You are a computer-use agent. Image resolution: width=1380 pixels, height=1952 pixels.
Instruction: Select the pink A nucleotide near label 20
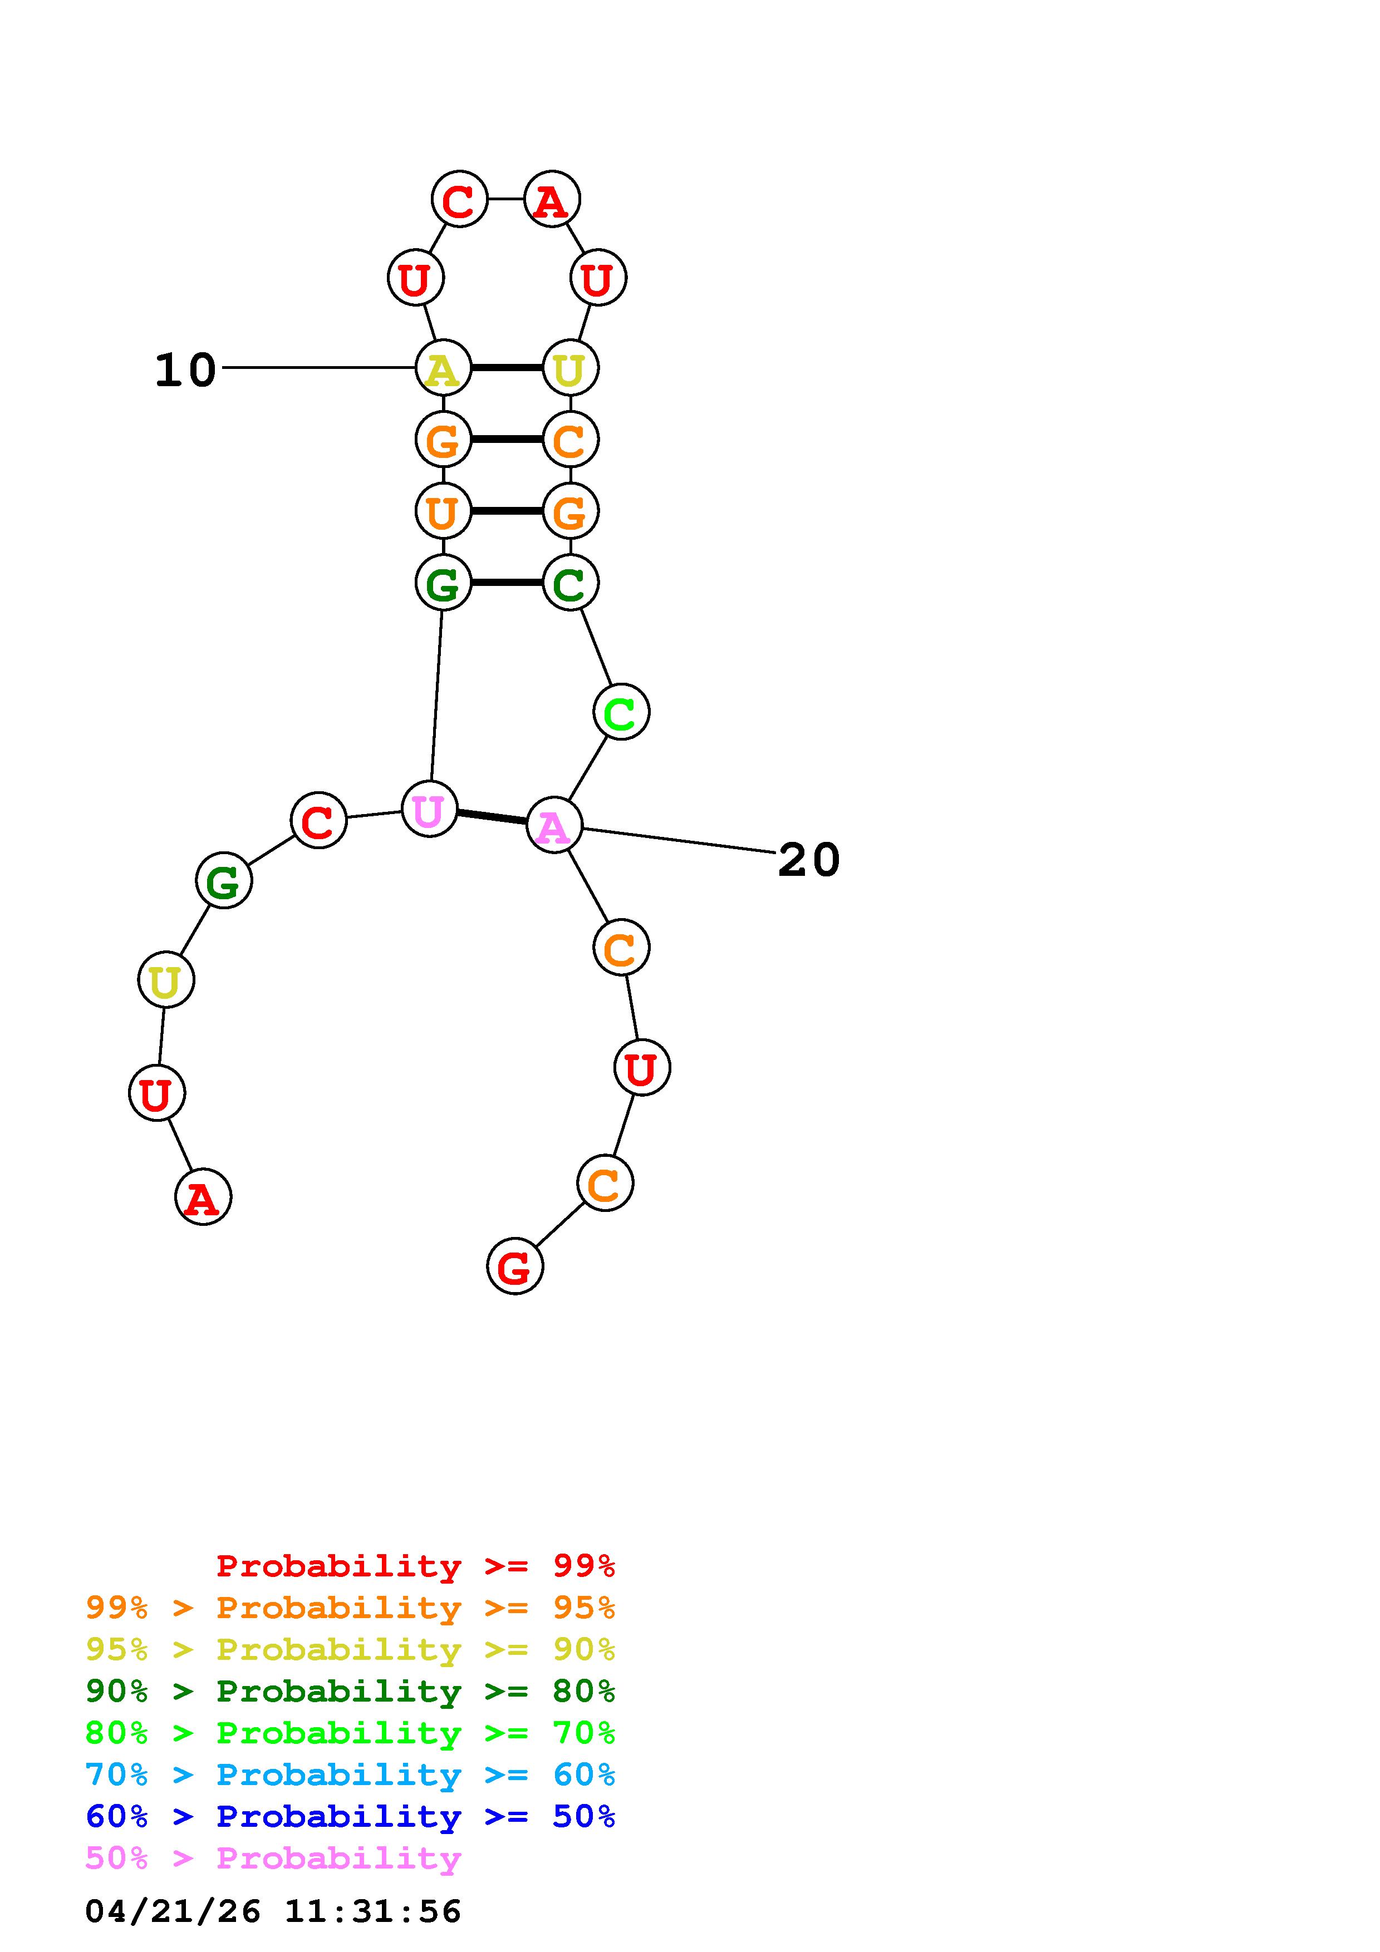[553, 826]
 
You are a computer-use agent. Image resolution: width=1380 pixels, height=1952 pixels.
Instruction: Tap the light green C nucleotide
[621, 712]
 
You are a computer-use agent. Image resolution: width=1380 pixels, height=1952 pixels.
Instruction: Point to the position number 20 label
[809, 860]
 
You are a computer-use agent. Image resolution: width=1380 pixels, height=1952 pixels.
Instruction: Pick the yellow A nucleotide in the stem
[442, 368]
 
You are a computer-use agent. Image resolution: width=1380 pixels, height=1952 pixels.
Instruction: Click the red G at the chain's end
[514, 1267]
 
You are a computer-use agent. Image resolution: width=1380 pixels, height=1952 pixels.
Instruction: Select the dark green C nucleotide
[569, 583]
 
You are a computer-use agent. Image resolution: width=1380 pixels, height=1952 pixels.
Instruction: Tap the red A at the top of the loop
[552, 201]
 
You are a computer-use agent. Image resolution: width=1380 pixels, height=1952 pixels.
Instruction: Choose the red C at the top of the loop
[459, 201]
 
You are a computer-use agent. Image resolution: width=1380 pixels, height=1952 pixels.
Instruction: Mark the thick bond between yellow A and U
[506, 368]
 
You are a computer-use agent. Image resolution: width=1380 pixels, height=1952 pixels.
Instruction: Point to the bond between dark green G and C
[506, 583]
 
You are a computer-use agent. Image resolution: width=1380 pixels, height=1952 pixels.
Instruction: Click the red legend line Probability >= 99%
[415, 1565]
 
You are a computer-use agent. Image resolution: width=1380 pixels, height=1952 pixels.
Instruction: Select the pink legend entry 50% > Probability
[273, 1857]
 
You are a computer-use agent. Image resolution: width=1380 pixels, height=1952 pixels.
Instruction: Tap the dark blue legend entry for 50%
[350, 1816]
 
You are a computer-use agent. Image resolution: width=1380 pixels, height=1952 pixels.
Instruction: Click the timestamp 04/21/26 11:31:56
[273, 1911]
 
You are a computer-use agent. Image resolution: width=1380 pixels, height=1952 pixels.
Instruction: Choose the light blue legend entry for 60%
[350, 1774]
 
